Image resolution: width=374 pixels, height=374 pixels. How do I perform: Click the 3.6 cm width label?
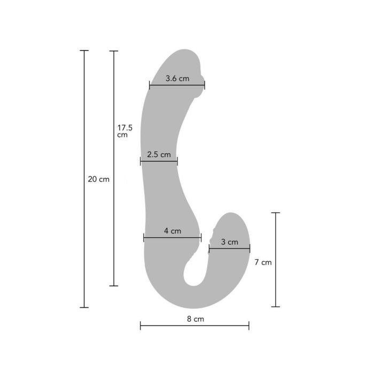(177, 79)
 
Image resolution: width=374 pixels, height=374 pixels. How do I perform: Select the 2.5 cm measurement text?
(159, 155)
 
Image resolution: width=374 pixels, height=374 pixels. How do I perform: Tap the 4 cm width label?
(172, 231)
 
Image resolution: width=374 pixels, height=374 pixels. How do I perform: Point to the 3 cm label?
(229, 242)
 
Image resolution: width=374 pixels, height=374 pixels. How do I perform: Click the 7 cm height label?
(263, 262)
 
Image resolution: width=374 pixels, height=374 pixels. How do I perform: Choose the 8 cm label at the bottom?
(195, 319)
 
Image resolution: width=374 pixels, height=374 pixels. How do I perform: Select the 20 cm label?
(98, 179)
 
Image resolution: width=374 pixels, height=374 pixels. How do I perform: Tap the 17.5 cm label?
(125, 131)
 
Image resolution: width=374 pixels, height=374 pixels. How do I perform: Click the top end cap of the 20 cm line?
(84, 51)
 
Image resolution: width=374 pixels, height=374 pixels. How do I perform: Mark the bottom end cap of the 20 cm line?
(84, 307)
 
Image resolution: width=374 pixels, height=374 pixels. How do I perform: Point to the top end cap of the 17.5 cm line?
(113, 51)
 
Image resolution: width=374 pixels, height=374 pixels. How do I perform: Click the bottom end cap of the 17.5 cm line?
(113, 286)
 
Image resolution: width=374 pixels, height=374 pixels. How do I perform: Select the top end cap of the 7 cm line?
(276, 213)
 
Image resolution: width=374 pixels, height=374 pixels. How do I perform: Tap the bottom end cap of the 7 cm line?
(276, 307)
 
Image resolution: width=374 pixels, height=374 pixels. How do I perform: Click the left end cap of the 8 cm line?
(141, 326)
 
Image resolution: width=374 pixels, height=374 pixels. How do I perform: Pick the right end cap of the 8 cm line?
(249, 326)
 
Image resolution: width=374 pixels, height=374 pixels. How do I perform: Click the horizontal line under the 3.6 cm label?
(177, 84)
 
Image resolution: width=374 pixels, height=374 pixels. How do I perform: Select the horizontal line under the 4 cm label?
(172, 238)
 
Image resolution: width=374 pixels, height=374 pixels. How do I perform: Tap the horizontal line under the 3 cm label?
(229, 248)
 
